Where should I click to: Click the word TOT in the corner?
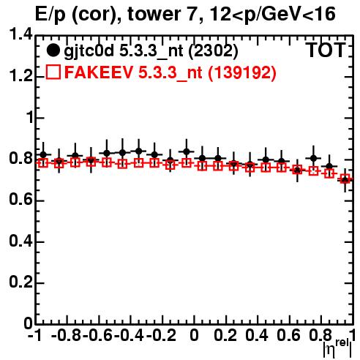326,50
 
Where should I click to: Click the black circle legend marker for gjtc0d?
53,50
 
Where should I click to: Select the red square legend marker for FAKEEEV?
53,72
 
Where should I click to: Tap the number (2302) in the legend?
213,51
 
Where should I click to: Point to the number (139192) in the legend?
241,72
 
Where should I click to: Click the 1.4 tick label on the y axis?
20,35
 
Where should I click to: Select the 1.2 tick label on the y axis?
20,77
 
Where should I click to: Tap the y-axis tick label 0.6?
20,200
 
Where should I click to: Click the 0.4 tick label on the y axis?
20,241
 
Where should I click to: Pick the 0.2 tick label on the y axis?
20,283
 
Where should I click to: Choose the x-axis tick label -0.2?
161,335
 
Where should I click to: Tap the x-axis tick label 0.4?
257,335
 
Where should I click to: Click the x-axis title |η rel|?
337,348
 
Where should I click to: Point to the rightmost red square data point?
345,179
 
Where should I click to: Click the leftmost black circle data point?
43,154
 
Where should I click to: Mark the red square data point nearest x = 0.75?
313,171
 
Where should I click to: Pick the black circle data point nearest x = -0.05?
187,152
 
